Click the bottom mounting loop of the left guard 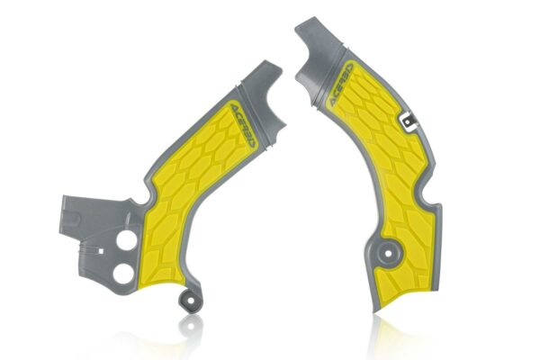pos(188,296)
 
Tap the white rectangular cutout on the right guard pos(408,118)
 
